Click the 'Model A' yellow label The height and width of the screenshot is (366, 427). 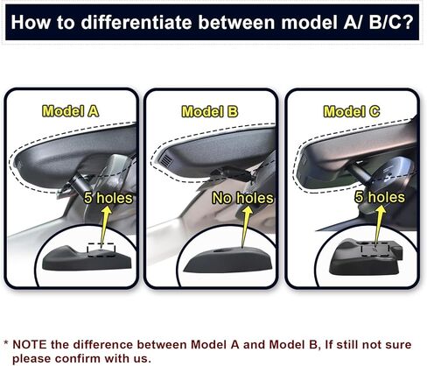tap(71, 111)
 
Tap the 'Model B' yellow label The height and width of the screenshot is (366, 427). tap(210, 112)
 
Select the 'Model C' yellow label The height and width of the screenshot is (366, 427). tap(352, 111)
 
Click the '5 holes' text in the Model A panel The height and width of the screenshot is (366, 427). tap(108, 198)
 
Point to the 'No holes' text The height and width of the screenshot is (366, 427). tap(243, 198)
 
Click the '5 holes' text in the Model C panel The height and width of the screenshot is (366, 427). tap(380, 197)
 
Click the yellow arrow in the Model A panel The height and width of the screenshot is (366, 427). tap(105, 225)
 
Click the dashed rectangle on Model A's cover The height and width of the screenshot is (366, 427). tap(101, 250)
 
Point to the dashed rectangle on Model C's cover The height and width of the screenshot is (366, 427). tap(375, 250)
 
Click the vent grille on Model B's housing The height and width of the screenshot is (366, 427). tap(165, 160)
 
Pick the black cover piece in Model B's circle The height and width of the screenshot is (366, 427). tap(227, 260)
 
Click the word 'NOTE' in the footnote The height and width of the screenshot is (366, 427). tap(29, 344)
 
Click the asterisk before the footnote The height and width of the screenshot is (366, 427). tap(6, 342)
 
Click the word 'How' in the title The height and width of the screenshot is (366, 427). tap(31, 22)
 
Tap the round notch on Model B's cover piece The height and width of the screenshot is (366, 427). tap(222, 250)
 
